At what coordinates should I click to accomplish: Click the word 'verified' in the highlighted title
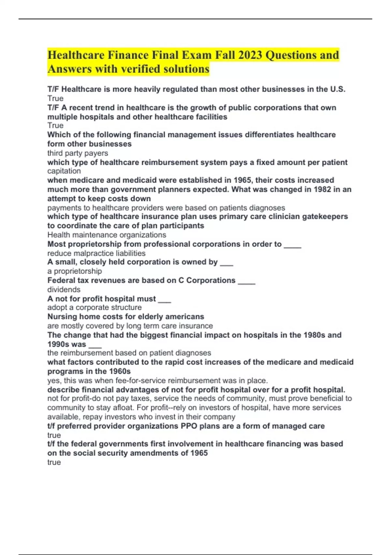[145, 69]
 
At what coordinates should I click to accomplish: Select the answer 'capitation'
[64, 171]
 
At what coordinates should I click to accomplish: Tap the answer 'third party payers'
[78, 153]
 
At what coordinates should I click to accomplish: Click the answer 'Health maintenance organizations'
[107, 235]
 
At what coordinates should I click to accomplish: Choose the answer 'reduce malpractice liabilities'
[96, 253]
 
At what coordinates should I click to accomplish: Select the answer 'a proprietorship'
[75, 271]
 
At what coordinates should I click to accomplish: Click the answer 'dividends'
[64, 290]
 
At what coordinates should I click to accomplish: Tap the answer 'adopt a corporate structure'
[94, 308]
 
